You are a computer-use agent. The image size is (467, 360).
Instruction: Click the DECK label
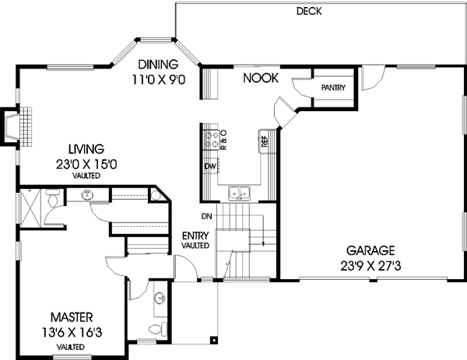[309, 12]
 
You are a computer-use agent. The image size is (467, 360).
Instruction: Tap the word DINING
[159, 65]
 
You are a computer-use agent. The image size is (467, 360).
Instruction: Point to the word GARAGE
[371, 250]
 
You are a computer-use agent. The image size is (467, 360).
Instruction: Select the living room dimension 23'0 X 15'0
[86, 163]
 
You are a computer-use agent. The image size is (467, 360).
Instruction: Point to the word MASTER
[72, 317]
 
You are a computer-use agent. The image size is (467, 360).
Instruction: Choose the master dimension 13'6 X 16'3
[72, 331]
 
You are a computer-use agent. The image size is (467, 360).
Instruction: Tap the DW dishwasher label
[209, 166]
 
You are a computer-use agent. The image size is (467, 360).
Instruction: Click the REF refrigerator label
[265, 142]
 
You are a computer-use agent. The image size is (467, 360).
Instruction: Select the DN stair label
[206, 215]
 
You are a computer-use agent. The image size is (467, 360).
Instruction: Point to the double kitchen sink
[238, 194]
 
